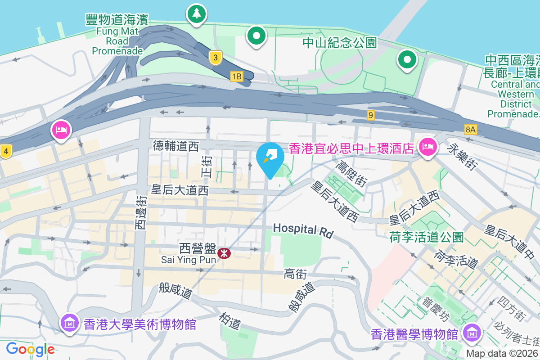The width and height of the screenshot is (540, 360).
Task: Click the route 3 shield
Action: coord(216,58)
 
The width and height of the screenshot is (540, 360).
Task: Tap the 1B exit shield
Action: coord(236,76)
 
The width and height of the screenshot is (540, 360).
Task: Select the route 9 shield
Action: coord(370,115)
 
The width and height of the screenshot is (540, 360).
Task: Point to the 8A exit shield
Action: coord(470,130)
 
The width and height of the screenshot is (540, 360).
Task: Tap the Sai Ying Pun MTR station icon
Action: coord(224,253)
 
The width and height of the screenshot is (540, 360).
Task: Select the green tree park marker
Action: coord(196,13)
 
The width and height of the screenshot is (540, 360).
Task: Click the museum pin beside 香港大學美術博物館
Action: coord(70,322)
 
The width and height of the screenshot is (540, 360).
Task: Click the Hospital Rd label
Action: coord(303,230)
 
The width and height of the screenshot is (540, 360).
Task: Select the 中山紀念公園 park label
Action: coord(339,43)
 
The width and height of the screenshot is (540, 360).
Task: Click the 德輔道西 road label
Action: coord(175,145)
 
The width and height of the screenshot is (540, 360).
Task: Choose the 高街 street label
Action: coord(295,274)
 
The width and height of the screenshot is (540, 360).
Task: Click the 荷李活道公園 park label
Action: coord(427,237)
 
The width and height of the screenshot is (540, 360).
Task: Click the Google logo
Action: coord(30,349)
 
